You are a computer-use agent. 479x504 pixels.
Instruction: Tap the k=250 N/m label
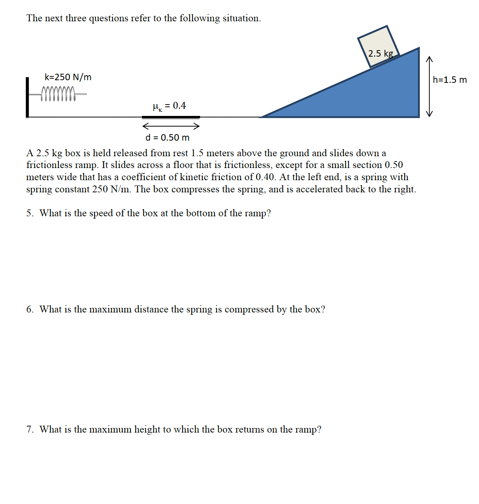68,77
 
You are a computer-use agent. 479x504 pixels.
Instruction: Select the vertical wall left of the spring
27,97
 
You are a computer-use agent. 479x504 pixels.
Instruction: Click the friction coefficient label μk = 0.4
169,106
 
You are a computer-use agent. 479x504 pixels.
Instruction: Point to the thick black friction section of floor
171,117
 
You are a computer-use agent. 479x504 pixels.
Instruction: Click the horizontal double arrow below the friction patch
171,126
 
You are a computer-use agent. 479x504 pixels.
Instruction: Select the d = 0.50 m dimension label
167,138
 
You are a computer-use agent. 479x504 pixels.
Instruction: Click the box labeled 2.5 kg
378,46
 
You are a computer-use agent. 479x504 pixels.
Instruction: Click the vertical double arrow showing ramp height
429,87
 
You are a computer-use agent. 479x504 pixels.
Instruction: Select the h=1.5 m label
450,80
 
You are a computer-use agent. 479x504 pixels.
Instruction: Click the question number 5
30,213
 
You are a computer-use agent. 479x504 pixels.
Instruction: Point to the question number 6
30,309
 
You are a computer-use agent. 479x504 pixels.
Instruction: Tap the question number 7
30,430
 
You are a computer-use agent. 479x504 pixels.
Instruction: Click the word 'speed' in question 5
101,213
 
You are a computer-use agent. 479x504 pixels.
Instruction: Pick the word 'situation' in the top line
241,18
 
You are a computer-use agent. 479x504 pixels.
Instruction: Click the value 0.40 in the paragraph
265,177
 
